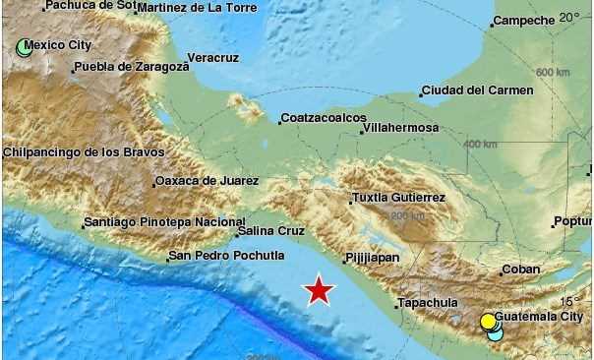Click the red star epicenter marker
click(x=319, y=290)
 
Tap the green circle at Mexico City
click(x=24, y=45)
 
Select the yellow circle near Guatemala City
click(x=488, y=321)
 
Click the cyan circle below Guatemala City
click(x=495, y=333)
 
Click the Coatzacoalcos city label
click(x=324, y=117)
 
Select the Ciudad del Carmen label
click(x=477, y=90)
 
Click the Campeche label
click(x=523, y=20)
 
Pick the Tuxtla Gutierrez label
click(x=398, y=198)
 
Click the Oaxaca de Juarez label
click(x=207, y=181)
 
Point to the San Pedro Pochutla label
click(x=218, y=257)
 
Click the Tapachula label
click(x=429, y=303)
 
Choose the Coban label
click(x=521, y=269)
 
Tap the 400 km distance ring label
click(x=480, y=144)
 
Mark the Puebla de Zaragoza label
click(x=130, y=68)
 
